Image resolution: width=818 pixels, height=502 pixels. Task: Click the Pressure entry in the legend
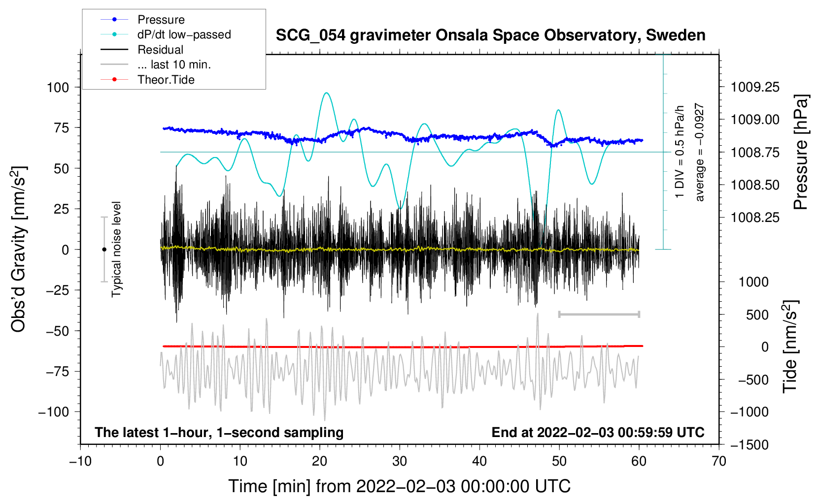[161, 20]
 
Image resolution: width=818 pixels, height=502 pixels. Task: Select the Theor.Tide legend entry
[166, 80]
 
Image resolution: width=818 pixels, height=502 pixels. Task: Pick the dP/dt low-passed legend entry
[184, 34]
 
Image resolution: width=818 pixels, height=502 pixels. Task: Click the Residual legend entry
[160, 50]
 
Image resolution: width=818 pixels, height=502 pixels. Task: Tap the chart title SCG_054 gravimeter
[490, 35]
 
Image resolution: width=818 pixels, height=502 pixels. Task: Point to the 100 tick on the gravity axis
[58, 88]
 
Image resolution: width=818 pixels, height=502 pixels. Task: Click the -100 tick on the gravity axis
[54, 412]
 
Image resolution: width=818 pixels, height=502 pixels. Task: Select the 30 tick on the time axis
[400, 461]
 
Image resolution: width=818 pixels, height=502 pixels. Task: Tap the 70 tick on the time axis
[719, 461]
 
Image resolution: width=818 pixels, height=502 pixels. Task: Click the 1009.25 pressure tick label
[755, 88]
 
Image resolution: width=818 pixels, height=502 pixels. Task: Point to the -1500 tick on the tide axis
[750, 445]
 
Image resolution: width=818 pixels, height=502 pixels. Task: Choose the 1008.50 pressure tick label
[755, 185]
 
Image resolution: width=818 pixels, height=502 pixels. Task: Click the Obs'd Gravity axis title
[19, 249]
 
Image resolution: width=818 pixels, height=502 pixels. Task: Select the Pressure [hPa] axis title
[800, 153]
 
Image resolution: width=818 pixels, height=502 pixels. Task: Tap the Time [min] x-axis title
[400, 486]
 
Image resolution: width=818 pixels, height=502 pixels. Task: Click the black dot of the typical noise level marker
[104, 250]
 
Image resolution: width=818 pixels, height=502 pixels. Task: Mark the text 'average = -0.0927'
[699, 153]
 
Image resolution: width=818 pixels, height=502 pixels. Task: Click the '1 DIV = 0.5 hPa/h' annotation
[680, 152]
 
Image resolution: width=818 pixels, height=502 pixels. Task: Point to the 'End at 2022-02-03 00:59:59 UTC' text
[598, 433]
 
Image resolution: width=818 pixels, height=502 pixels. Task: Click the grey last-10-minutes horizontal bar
[599, 314]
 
